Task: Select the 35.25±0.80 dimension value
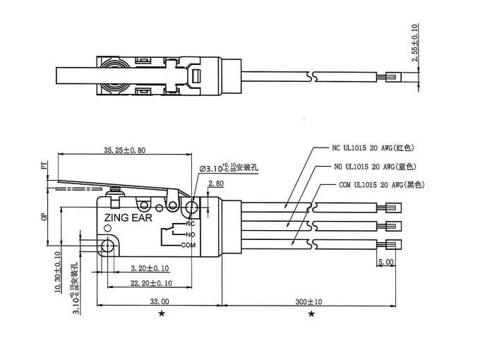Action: click(x=125, y=150)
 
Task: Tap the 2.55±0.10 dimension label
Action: click(x=415, y=46)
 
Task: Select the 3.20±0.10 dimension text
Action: click(x=150, y=268)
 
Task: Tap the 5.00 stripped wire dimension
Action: click(x=386, y=262)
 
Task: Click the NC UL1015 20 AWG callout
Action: click(x=372, y=148)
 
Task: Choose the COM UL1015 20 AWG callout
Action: click(x=376, y=185)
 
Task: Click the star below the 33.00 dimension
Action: click(x=162, y=313)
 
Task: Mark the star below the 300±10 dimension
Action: click(x=311, y=313)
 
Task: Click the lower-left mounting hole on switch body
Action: click(x=107, y=246)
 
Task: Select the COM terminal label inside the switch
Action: click(x=188, y=245)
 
